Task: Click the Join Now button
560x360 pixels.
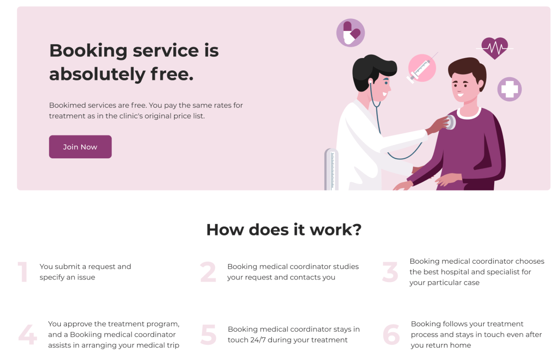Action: click(x=80, y=147)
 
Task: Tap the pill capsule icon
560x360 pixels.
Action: click(x=350, y=33)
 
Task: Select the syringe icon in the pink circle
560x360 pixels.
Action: click(x=422, y=68)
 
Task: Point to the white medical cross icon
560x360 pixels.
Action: click(x=509, y=89)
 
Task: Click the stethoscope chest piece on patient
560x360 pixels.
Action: click(x=451, y=122)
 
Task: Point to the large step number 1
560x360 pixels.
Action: click(x=23, y=272)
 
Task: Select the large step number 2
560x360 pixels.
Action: click(x=208, y=272)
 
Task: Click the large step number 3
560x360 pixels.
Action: click(x=390, y=272)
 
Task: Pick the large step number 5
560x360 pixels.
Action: click(x=208, y=335)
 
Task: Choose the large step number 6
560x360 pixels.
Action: click(x=391, y=335)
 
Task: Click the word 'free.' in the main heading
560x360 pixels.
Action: click(x=172, y=74)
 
